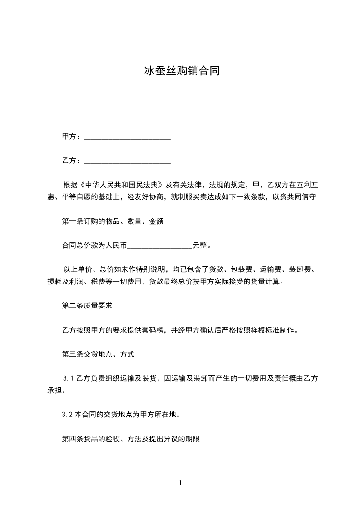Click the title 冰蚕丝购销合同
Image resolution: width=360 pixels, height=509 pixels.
pos(182,71)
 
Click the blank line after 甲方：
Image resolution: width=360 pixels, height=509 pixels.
pos(127,137)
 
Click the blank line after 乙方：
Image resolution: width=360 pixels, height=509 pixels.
pos(127,161)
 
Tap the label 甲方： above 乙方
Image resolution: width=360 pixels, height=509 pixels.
pos(72,137)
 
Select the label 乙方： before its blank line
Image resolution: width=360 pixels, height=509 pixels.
pos(72,161)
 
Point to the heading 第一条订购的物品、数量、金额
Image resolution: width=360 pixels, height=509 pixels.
pos(112,221)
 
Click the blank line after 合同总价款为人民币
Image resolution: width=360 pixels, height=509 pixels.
pos(160,246)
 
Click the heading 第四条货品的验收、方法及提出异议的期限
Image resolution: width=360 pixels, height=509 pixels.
pos(131,439)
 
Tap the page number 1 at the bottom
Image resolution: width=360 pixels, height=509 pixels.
pos(180,483)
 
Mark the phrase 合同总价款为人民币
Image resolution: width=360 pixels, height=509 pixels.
pos(94,246)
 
